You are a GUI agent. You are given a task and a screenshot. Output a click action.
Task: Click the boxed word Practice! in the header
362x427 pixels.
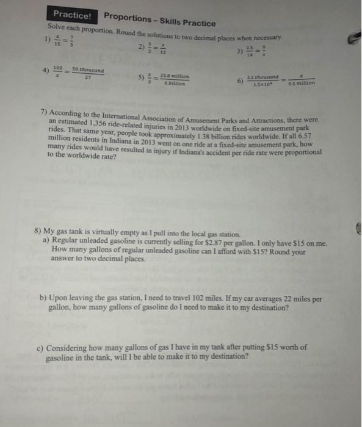click(72, 14)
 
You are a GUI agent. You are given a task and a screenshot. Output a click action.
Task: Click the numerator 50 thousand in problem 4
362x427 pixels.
click(87, 70)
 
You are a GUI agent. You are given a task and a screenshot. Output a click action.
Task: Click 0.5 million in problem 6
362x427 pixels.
click(302, 84)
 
